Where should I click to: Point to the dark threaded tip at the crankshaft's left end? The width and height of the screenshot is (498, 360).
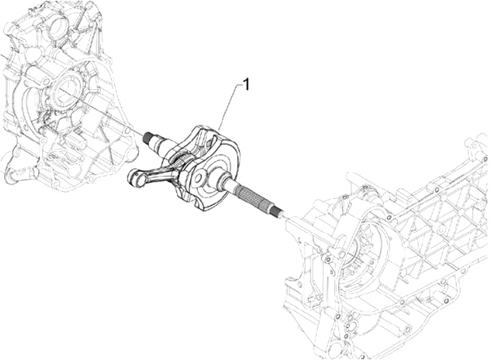coord(148,138)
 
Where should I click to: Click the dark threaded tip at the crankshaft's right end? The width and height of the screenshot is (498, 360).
coord(278,211)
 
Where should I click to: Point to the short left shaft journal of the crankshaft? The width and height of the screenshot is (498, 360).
coord(160,144)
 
